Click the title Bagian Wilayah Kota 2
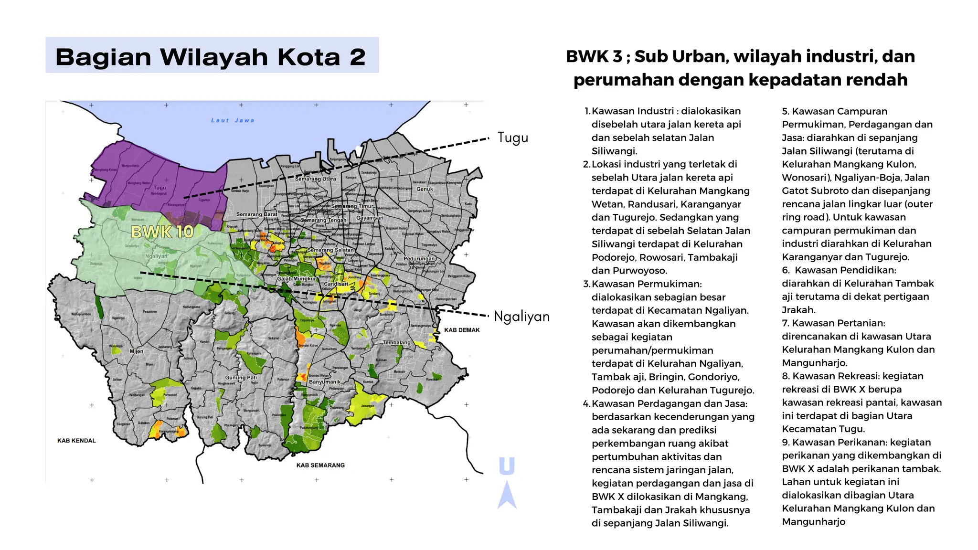point(211,57)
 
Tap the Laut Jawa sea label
point(233,120)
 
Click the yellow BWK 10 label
point(162,232)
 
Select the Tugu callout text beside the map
point(512,137)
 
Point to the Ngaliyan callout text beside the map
point(521,316)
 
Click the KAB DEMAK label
point(461,330)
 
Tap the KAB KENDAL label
point(76,440)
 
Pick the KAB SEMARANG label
point(320,465)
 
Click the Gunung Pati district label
point(241,377)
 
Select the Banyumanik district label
point(325,382)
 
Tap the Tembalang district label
point(396,342)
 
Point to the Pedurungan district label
point(419,259)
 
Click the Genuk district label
point(425,189)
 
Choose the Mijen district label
point(136,351)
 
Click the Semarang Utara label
point(315,179)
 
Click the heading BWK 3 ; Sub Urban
point(740,56)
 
